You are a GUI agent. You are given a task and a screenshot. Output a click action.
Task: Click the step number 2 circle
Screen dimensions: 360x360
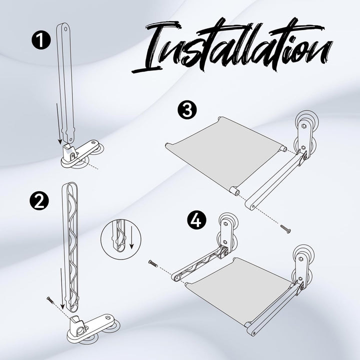click(39, 201)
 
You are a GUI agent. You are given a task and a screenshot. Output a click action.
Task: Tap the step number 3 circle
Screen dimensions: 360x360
click(187, 110)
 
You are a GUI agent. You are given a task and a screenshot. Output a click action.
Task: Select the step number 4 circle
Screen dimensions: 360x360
click(197, 220)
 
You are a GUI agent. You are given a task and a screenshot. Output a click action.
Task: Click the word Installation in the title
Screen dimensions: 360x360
click(232, 46)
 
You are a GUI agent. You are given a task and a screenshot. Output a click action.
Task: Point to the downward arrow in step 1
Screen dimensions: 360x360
click(59, 123)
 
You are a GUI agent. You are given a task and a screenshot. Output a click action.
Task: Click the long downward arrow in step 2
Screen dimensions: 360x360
click(62, 288)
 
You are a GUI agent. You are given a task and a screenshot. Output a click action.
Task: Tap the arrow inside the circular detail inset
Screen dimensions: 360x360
click(131, 237)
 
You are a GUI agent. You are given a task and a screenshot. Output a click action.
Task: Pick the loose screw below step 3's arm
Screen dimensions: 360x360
click(285, 229)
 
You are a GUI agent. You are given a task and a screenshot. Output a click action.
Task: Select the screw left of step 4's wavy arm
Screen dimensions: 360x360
click(153, 263)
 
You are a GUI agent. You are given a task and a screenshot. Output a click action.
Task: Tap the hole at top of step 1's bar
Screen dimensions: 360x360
click(65, 29)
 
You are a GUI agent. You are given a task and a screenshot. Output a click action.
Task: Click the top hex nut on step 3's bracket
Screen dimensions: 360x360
click(303, 125)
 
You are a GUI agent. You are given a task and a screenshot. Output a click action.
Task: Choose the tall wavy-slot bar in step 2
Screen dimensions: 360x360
click(70, 247)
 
